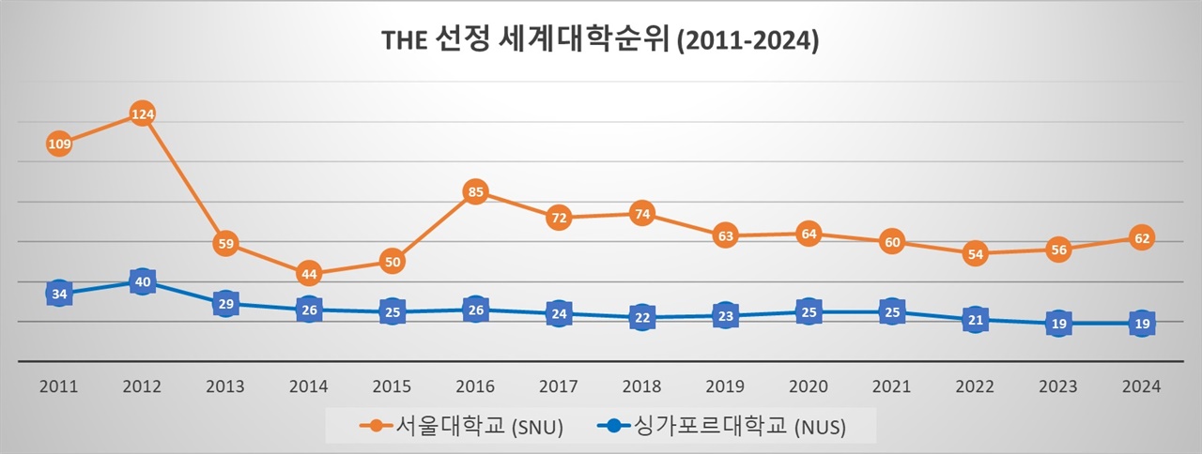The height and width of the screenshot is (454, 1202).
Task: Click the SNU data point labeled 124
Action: (x=143, y=114)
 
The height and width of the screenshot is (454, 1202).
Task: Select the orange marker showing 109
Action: (x=59, y=144)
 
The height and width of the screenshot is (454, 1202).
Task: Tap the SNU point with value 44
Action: (x=309, y=274)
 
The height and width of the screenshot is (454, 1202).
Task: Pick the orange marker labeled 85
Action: (x=476, y=193)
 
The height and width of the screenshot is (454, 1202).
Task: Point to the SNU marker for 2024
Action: (x=1141, y=238)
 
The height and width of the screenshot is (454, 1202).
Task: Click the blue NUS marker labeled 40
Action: (x=143, y=281)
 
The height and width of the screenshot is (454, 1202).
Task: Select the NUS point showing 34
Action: (x=59, y=294)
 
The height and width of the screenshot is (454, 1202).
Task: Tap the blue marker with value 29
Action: (x=225, y=304)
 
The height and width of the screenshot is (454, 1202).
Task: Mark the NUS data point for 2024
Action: (x=1141, y=324)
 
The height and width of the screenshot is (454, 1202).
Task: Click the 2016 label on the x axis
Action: (x=476, y=386)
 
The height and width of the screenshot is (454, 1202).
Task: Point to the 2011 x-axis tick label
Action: (x=59, y=386)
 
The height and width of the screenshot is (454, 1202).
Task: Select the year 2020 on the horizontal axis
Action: (x=809, y=386)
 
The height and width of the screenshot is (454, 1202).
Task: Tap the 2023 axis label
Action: (x=1058, y=386)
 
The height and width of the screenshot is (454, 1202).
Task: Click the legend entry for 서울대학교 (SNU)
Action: (x=462, y=427)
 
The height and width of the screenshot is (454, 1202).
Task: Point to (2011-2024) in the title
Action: (x=748, y=42)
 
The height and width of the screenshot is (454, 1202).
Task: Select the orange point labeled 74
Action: (x=642, y=213)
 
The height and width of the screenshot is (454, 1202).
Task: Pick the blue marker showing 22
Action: (x=642, y=317)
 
